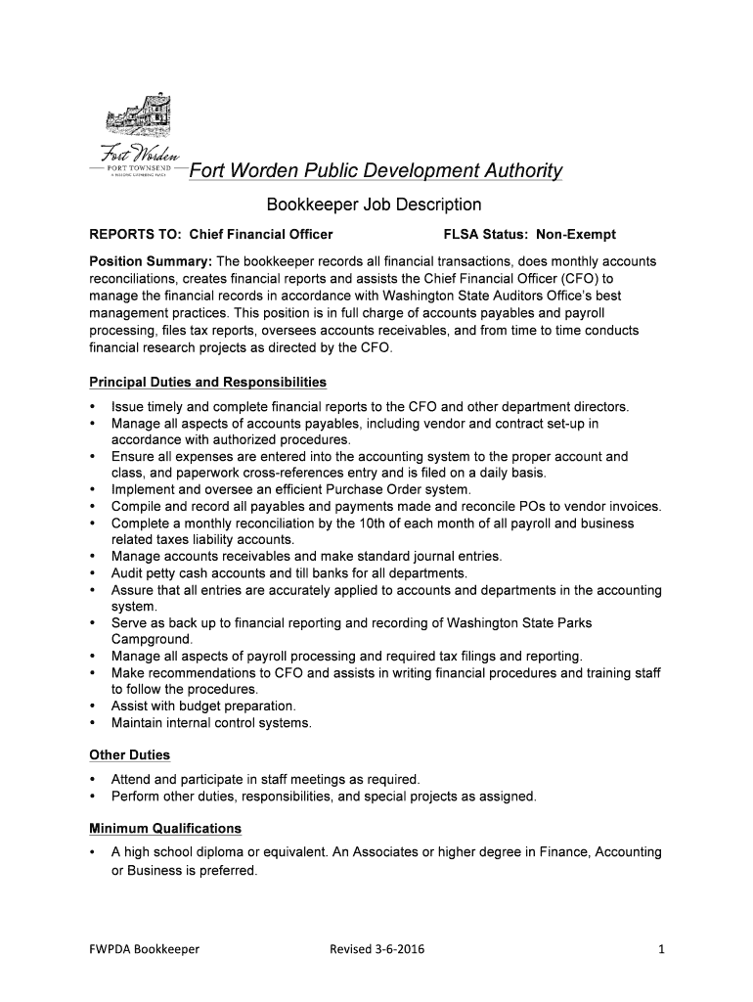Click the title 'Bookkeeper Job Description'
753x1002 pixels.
[x=375, y=205]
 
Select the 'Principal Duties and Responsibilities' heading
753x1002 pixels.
[x=207, y=382]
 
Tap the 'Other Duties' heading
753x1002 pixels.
[x=129, y=754]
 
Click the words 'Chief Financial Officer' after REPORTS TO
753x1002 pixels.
[x=261, y=235]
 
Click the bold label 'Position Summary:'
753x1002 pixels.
[x=151, y=262]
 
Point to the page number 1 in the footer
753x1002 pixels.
[x=661, y=949]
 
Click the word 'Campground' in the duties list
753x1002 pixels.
[x=152, y=639]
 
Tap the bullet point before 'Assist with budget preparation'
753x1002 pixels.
[x=92, y=706]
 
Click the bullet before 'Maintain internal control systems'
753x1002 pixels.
[x=92, y=723]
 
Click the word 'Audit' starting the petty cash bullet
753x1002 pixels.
[x=128, y=572]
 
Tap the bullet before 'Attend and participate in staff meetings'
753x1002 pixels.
[x=92, y=780]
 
